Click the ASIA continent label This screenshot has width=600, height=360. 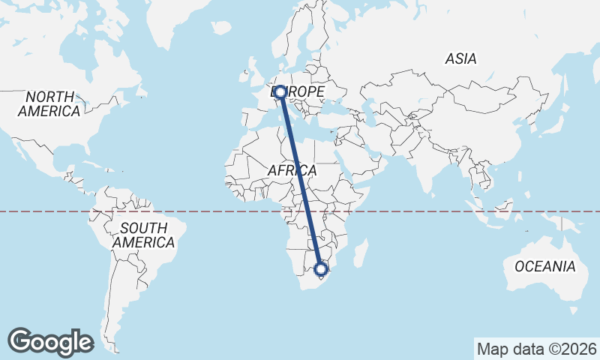(460, 58)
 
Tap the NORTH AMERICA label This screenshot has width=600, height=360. (49, 104)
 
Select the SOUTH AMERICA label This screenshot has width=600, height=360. (143, 235)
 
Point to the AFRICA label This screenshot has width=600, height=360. (292, 171)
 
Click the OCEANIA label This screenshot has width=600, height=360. (544, 266)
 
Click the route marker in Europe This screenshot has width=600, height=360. (280, 92)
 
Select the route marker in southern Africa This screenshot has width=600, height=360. (321, 268)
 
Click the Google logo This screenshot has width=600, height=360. (50, 341)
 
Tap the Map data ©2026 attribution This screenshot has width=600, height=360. (536, 349)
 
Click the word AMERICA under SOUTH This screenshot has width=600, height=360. (143, 242)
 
